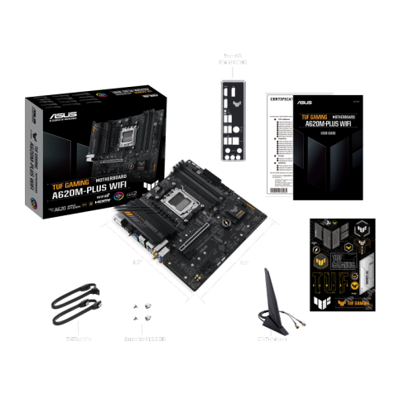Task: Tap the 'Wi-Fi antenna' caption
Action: coord(275,339)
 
